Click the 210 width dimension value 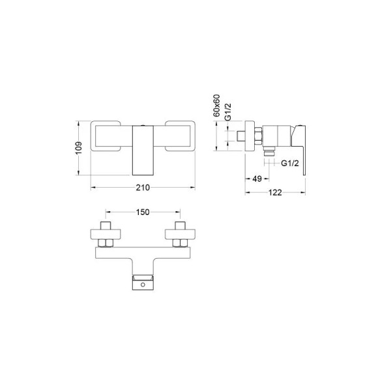point(143,188)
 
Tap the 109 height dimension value point(79,148)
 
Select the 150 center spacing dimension point(143,212)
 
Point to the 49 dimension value point(257,179)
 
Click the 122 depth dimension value point(275,192)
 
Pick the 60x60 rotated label point(217,106)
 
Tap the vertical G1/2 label point(228,112)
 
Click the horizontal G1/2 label point(290,164)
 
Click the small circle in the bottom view point(143,285)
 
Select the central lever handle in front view point(143,151)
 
